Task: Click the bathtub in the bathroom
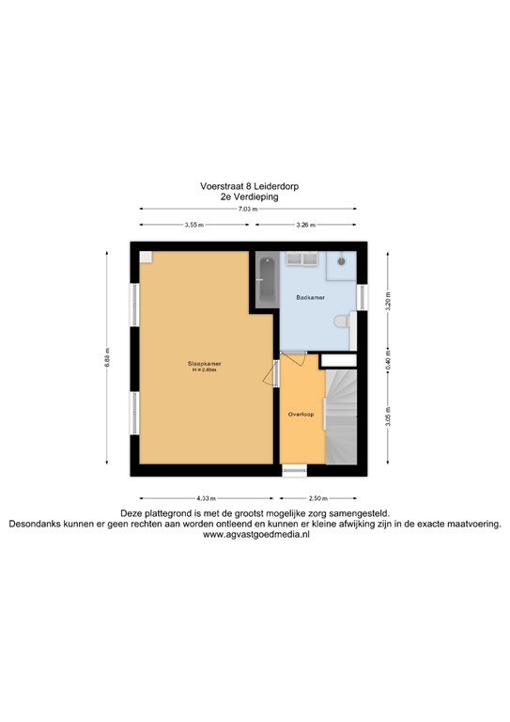pyautogui.click(x=265, y=279)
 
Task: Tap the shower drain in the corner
pyautogui.click(x=343, y=259)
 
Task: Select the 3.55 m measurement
pyautogui.click(x=193, y=225)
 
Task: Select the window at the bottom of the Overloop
pyautogui.click(x=294, y=469)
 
